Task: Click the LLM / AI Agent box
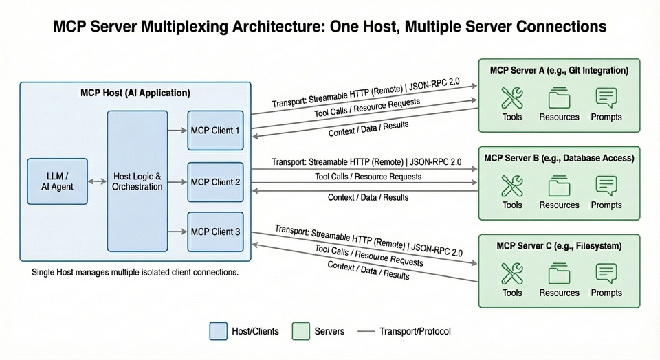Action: pyautogui.click(x=58, y=181)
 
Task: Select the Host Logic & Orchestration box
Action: pyautogui.click(x=137, y=181)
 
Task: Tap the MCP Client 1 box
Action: pyautogui.click(x=215, y=130)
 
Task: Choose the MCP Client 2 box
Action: pyautogui.click(x=215, y=182)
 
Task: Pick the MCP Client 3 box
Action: pyautogui.click(x=215, y=232)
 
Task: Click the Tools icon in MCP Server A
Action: pyautogui.click(x=512, y=98)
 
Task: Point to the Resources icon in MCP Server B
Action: pyautogui.click(x=559, y=186)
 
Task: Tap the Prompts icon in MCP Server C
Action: pyautogui.click(x=606, y=274)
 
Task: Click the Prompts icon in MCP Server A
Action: pyautogui.click(x=606, y=98)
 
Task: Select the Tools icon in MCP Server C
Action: pyautogui.click(x=512, y=274)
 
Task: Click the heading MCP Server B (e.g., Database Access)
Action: pyautogui.click(x=559, y=158)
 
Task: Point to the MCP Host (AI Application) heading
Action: pyautogui.click(x=135, y=93)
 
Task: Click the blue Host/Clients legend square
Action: pyautogui.click(x=218, y=331)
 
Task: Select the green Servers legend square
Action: pyautogui.click(x=300, y=331)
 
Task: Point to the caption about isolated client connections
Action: pyautogui.click(x=135, y=273)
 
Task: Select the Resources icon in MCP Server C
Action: pyautogui.click(x=559, y=274)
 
